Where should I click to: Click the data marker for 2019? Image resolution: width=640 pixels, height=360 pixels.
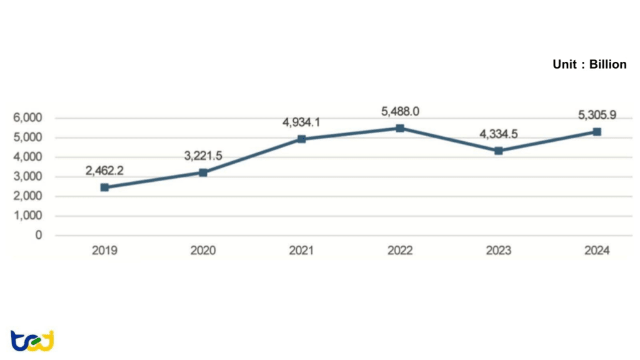[104, 187]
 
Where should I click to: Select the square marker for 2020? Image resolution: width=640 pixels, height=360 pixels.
[203, 172]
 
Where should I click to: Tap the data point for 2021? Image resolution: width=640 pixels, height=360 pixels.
[301, 139]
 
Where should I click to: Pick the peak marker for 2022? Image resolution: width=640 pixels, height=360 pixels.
[400, 128]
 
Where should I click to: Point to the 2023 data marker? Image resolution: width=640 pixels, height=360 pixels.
[498, 151]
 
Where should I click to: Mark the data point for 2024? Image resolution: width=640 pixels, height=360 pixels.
[597, 132]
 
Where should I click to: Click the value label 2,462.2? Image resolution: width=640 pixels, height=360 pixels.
[104, 169]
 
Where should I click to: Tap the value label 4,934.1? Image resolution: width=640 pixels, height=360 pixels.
[301, 122]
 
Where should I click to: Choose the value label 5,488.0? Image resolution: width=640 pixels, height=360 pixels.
[400, 111]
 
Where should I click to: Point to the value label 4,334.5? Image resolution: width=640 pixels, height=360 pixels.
[498, 134]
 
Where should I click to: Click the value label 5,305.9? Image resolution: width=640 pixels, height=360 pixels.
[597, 114]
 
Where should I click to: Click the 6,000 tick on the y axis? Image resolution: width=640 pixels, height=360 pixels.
[28, 118]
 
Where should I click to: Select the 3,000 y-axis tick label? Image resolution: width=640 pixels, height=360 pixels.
[28, 177]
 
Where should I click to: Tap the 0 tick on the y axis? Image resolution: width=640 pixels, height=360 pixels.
[39, 236]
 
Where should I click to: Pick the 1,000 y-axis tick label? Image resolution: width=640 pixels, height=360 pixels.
[28, 216]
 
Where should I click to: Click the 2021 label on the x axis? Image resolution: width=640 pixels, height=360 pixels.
[301, 251]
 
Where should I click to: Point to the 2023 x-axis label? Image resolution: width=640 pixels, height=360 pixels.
[498, 251]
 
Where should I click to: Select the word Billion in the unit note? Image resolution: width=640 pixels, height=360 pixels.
[607, 64]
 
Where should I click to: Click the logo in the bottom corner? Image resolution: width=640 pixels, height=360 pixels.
[32, 341]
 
